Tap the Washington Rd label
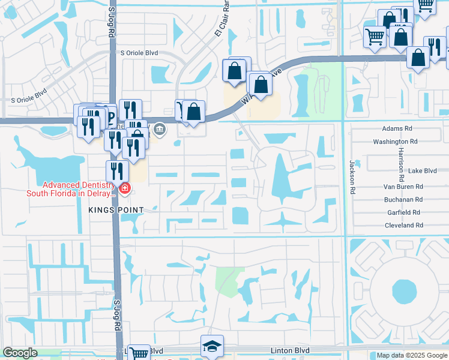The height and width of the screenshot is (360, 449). [394, 142]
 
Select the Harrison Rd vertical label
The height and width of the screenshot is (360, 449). [400, 165]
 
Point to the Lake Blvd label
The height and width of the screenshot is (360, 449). [422, 171]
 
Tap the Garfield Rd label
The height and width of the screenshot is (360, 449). [403, 212]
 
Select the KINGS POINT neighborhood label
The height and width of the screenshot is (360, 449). [116, 209]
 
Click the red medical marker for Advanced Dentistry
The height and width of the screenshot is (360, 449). [124, 189]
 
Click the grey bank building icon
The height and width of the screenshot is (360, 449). [160, 128]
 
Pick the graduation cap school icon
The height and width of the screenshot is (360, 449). [212, 346]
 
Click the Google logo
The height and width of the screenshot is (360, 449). [20, 353]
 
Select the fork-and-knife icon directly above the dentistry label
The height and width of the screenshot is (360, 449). [118, 171]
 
